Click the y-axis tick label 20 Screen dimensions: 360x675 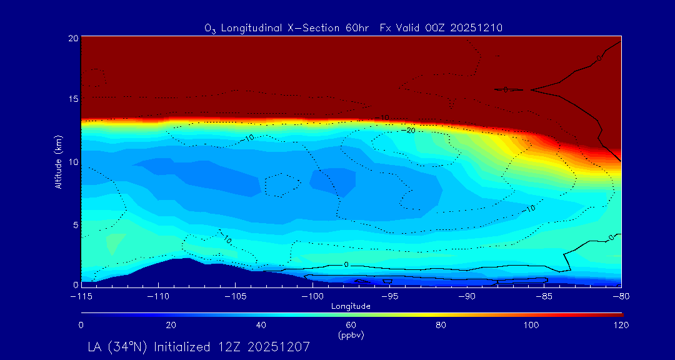pos(72,38)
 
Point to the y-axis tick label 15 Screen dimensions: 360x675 pos(72,99)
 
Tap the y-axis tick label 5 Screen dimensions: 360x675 pos(75,224)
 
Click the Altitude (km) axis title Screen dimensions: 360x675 pos(58,162)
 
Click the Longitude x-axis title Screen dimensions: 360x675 pos(351,306)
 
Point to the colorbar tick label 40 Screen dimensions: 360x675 pos(261,325)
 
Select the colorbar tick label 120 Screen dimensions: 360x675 pos(621,325)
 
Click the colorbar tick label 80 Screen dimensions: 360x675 pos(441,325)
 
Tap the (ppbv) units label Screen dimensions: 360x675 pos(351,335)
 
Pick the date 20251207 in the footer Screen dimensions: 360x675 pos(280,346)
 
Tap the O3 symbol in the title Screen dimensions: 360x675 pos(210,28)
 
